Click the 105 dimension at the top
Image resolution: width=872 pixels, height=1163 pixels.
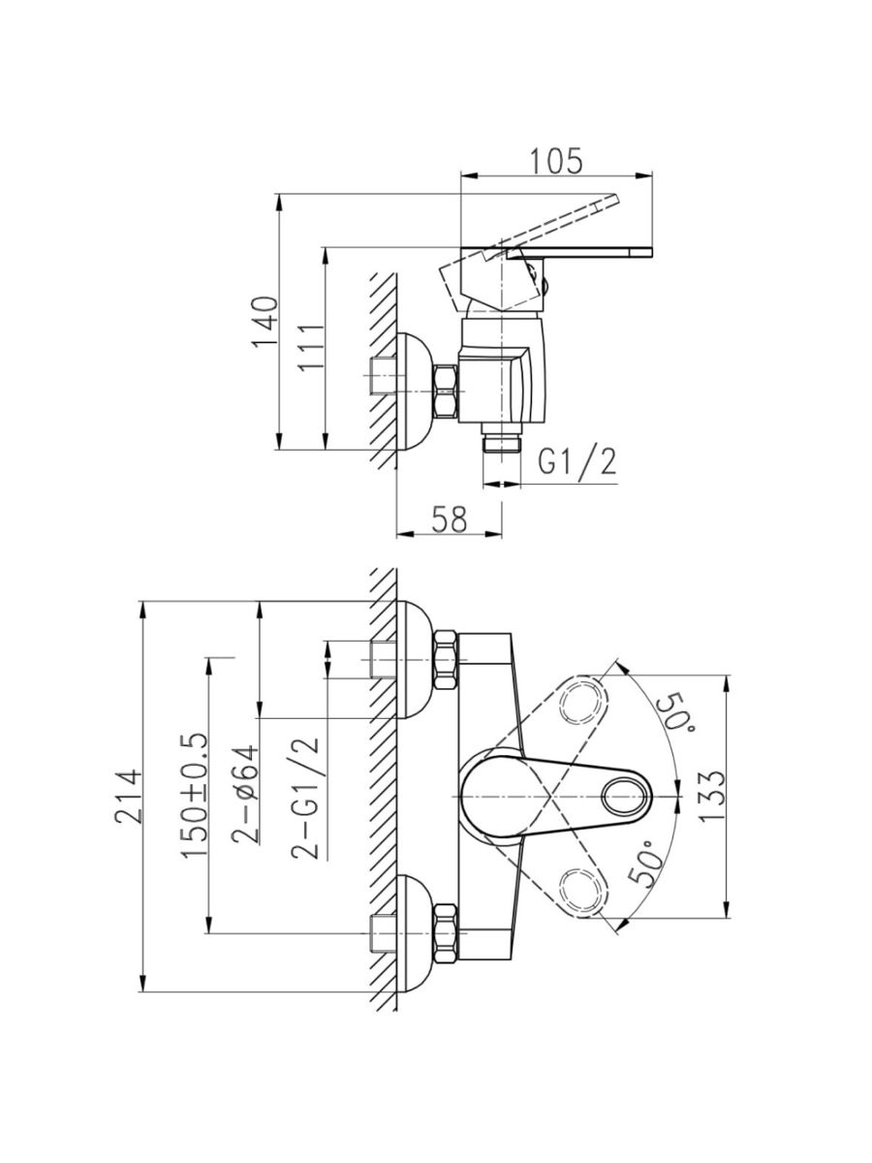pyautogui.click(x=555, y=161)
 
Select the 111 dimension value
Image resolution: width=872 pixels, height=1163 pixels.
pyautogui.click(x=310, y=347)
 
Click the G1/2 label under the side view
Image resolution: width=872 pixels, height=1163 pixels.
pyautogui.click(x=577, y=462)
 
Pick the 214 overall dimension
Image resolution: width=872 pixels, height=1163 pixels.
pyautogui.click(x=128, y=796)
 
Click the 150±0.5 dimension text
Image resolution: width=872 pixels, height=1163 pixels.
pyautogui.click(x=194, y=794)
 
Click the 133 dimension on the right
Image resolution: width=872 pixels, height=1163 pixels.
pyautogui.click(x=711, y=796)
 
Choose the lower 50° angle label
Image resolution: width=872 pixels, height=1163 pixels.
pyautogui.click(x=647, y=862)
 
